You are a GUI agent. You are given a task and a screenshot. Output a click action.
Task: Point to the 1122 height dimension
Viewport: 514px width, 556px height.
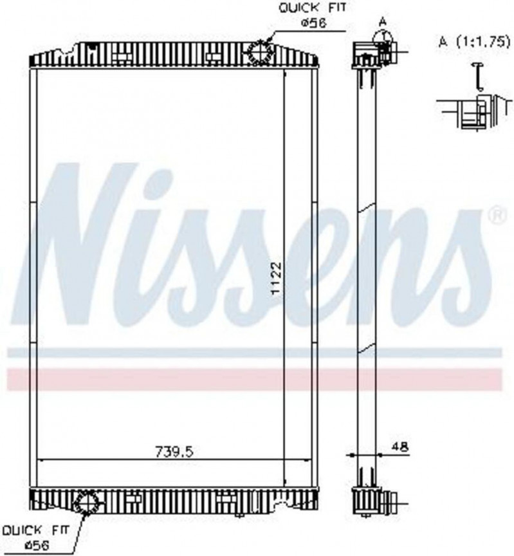point(275,279)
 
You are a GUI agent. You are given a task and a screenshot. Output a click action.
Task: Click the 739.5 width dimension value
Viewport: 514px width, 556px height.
point(174,451)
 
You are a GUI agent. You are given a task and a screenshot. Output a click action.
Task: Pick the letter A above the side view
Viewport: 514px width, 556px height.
point(383,21)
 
